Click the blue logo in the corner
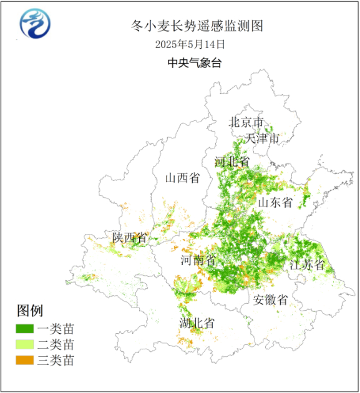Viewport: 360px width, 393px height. click(x=36, y=24)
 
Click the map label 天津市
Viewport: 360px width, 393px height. click(x=263, y=138)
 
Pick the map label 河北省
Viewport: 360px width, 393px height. click(x=232, y=162)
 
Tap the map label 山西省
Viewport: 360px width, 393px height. click(x=182, y=178)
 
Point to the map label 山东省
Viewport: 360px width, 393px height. click(x=276, y=202)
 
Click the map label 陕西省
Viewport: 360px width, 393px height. click(x=129, y=237)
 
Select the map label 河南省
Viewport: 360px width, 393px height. click(x=198, y=260)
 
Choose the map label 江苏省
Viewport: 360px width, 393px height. click(x=307, y=264)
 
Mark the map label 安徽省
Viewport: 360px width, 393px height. click(x=271, y=300)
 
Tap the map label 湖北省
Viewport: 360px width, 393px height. click(x=197, y=323)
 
